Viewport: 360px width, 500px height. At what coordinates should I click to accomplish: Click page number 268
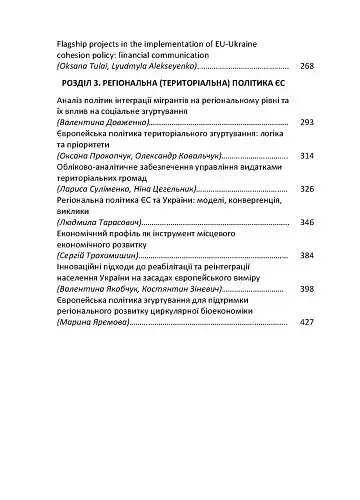click(x=307, y=66)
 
